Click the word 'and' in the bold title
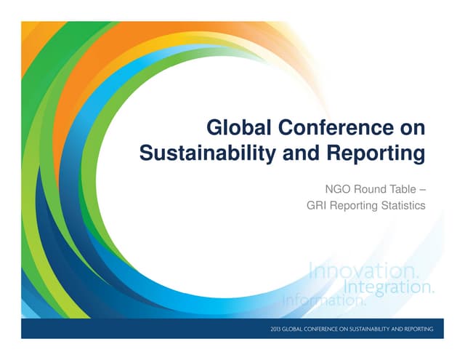pos(296,153)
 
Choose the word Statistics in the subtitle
pos(403,206)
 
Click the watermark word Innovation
pos(364,272)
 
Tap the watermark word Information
pos(324,299)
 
